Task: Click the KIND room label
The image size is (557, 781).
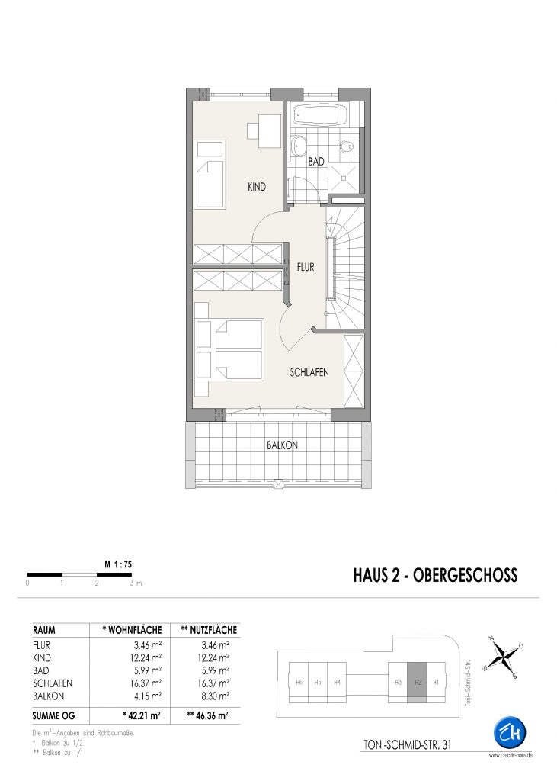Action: click(x=257, y=188)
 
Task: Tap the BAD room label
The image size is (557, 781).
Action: click(x=316, y=162)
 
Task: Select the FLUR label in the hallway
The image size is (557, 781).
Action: click(x=306, y=267)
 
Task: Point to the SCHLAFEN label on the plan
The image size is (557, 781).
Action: click(x=309, y=372)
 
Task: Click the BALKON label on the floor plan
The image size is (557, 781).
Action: click(x=282, y=445)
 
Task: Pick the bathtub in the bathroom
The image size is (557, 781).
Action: click(x=319, y=116)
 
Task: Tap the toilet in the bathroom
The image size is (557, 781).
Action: click(x=347, y=146)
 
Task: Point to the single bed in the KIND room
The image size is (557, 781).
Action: click(x=211, y=174)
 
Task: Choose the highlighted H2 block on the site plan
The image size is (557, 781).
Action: click(x=418, y=683)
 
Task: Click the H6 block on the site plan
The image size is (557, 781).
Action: click(x=299, y=683)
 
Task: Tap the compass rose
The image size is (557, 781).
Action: click(x=503, y=657)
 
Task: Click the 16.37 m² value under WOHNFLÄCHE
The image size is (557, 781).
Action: click(x=146, y=683)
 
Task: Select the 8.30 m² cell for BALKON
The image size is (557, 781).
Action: click(x=213, y=696)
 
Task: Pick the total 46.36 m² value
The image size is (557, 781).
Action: click(x=207, y=715)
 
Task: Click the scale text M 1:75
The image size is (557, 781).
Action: click(x=118, y=565)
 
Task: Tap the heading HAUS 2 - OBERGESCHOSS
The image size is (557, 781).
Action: click(x=436, y=575)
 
